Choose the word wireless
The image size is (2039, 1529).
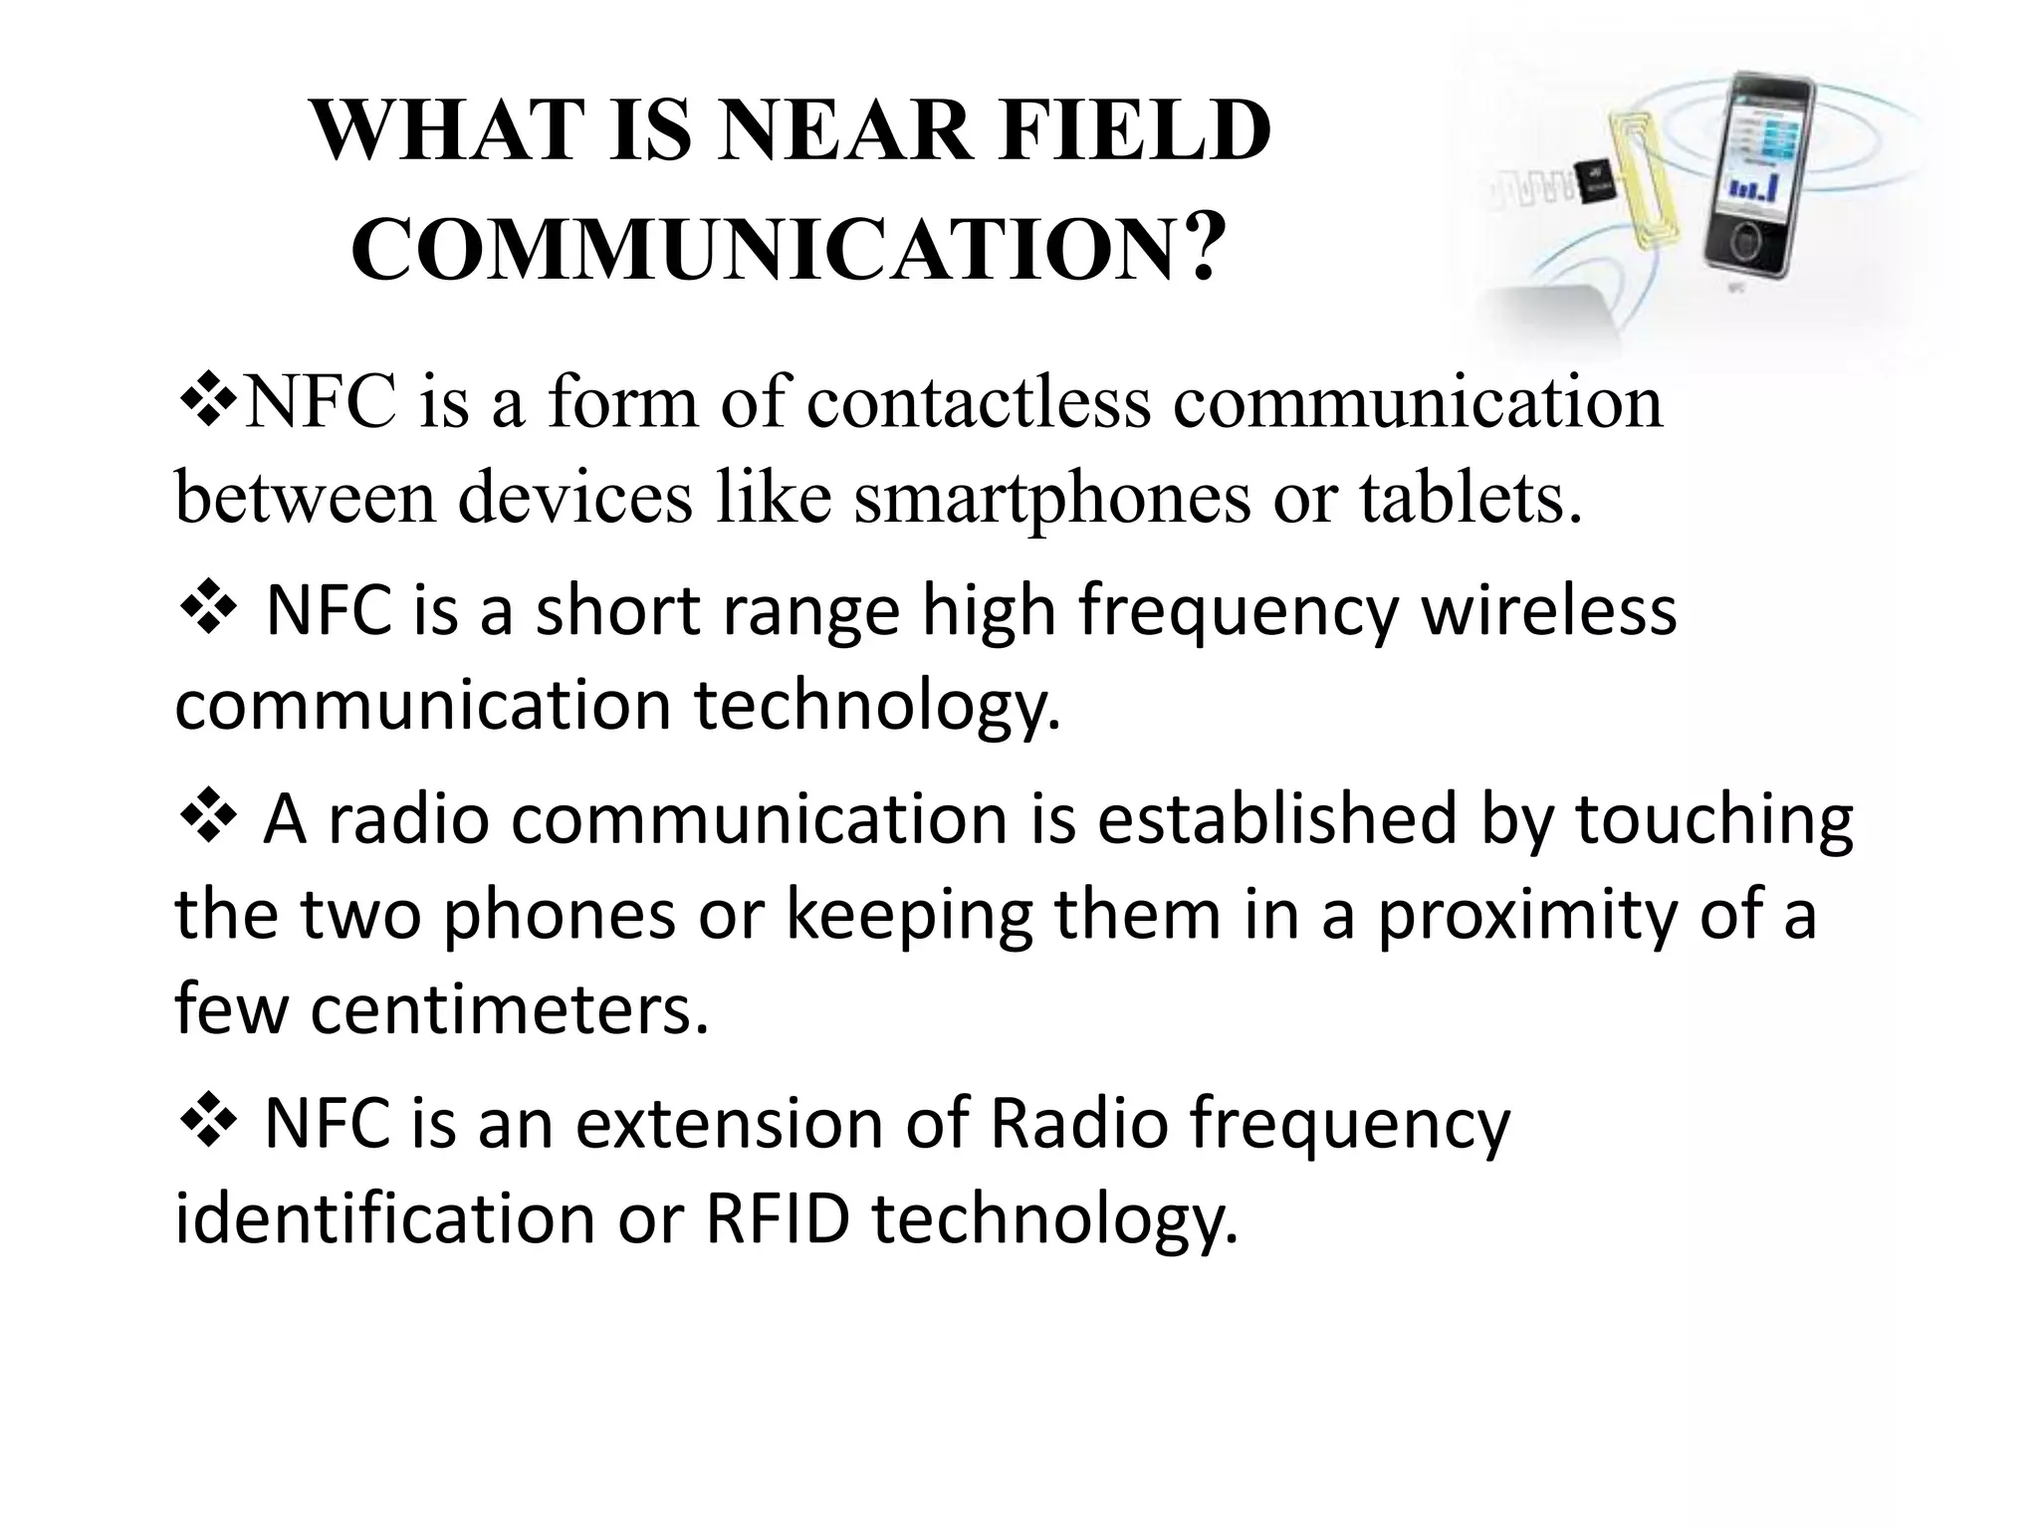tap(1547, 611)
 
